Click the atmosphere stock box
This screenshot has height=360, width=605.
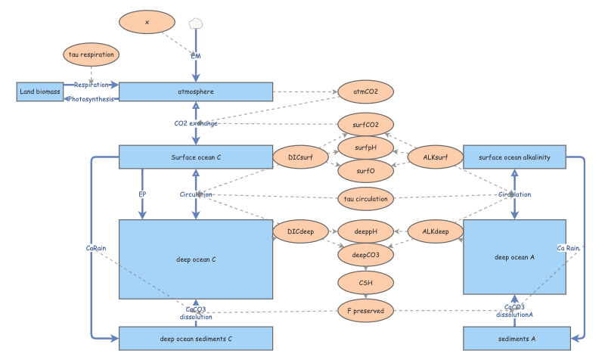[x=196, y=92]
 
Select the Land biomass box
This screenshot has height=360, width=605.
[x=39, y=92]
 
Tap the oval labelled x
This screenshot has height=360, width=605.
[x=147, y=23]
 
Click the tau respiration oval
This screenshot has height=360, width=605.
[x=90, y=55]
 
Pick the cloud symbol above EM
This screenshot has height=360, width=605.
[x=196, y=23]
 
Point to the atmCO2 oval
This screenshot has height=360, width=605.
[x=366, y=92]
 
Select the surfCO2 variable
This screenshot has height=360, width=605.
[x=366, y=123]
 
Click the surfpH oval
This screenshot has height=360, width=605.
[x=366, y=147]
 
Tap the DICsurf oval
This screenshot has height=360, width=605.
[x=300, y=157]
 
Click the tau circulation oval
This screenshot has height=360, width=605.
[x=366, y=199]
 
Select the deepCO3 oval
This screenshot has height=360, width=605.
[x=366, y=255]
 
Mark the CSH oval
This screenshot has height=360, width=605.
[x=366, y=283]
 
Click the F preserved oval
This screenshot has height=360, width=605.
[x=366, y=311]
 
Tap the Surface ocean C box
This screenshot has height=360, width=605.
[x=196, y=157]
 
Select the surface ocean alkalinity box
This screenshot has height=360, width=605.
[x=514, y=157]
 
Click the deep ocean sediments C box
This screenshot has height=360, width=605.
[x=196, y=339]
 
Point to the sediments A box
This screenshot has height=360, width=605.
[x=514, y=339]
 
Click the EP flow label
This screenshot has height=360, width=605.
[x=141, y=194]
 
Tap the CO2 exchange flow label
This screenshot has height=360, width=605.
[x=196, y=123]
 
